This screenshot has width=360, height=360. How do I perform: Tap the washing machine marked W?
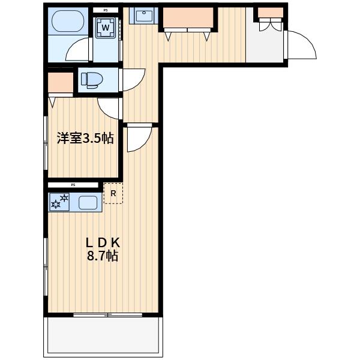pos(106,28)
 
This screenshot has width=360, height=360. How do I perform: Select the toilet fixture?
pos(92,80)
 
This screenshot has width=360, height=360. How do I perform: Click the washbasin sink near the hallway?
pos(144,16)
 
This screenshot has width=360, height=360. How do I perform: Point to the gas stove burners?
pos(59,202)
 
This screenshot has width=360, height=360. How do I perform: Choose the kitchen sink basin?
pos(88,203)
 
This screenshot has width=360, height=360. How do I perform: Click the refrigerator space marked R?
pos(113,193)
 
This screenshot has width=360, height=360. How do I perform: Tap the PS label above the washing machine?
pos(106,10)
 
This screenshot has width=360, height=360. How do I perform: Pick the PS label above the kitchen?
pos(73,185)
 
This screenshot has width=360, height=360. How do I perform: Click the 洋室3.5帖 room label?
pos(85,138)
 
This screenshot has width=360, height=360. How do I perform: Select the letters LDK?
pos(103,242)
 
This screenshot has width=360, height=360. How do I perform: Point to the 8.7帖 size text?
pos(103,256)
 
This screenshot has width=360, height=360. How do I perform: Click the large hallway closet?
pos(188,17)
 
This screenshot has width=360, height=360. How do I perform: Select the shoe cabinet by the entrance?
pos(271,13)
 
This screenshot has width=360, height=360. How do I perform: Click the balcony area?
pos(103,335)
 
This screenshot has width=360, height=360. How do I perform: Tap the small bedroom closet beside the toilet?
pos(61,83)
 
